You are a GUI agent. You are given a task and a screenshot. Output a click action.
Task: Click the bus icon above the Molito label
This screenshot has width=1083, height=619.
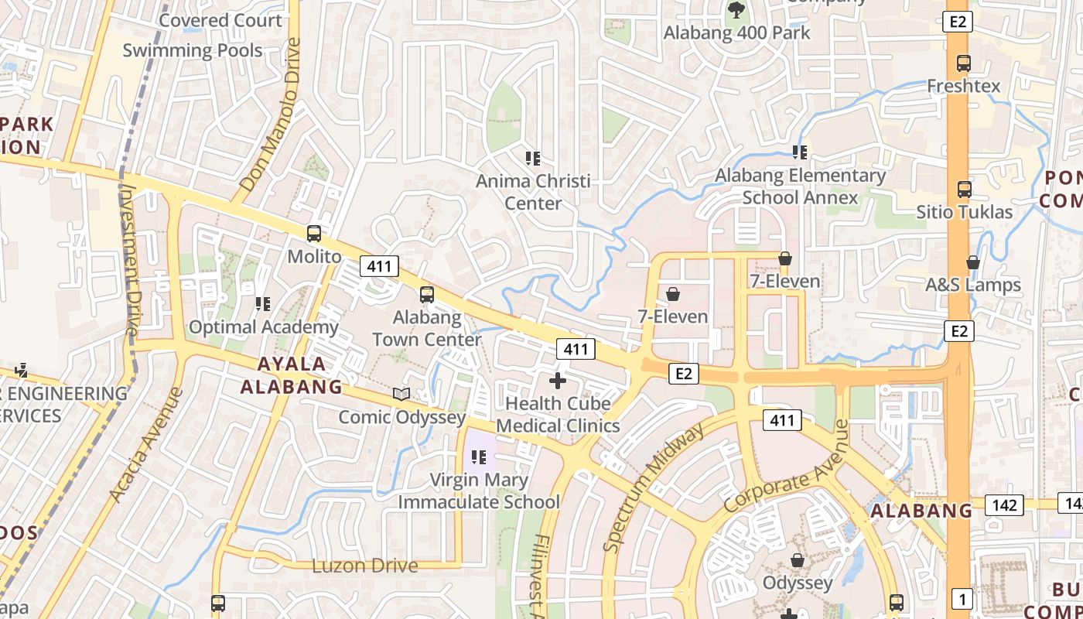pyautogui.click(x=314, y=233)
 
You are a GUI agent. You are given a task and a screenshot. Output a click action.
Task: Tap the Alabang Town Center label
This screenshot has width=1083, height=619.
pyautogui.click(x=426, y=328)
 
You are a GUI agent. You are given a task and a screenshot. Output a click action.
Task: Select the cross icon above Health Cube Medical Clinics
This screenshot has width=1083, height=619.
pyautogui.click(x=557, y=381)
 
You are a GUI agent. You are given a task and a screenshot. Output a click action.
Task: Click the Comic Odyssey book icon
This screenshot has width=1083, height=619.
pyautogui.click(x=401, y=395)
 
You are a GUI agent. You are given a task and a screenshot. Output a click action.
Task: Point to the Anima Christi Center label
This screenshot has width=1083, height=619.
pyautogui.click(x=533, y=192)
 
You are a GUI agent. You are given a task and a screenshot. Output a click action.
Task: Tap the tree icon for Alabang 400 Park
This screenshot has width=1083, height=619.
pyautogui.click(x=736, y=10)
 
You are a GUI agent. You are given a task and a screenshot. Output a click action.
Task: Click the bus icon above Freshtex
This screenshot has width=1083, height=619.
pyautogui.click(x=963, y=63)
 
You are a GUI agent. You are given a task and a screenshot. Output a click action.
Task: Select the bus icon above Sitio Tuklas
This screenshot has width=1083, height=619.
pyautogui.click(x=964, y=189)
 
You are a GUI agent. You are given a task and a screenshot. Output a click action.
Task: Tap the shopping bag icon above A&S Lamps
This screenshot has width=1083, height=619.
pyautogui.click(x=973, y=262)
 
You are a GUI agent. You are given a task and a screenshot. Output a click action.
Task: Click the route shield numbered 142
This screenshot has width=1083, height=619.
pyautogui.click(x=1005, y=505)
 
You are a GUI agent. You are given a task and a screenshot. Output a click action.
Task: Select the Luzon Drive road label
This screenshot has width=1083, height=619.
pyautogui.click(x=364, y=566)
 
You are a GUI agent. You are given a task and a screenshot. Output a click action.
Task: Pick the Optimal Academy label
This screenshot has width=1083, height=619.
pyautogui.click(x=263, y=327)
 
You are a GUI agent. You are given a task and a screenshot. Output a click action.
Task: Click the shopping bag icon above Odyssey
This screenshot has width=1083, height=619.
pyautogui.click(x=797, y=560)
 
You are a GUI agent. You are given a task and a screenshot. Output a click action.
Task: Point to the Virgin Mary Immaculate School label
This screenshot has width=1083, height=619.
pyautogui.click(x=478, y=491)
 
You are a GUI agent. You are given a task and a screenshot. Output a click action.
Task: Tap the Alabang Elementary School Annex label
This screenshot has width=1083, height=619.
pyautogui.click(x=800, y=186)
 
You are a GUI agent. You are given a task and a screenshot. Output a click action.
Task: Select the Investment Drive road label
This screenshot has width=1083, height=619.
pyautogui.click(x=130, y=259)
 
